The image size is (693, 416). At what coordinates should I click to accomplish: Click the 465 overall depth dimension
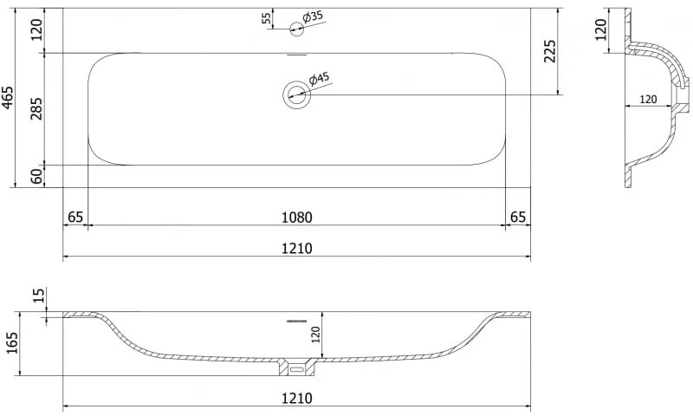click(x=8, y=98)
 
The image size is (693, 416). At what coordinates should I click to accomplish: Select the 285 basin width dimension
click(x=36, y=108)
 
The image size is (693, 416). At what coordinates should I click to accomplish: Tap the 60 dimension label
click(x=37, y=177)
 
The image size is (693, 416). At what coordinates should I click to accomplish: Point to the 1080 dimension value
click(x=297, y=218)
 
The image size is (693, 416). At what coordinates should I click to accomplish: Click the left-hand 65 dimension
click(x=75, y=218)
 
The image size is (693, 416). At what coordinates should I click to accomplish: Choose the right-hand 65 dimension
click(x=518, y=218)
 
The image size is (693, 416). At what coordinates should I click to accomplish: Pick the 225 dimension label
click(x=549, y=51)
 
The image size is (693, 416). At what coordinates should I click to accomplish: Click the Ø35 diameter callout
click(x=313, y=17)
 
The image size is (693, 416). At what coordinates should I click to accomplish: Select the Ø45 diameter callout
click(x=319, y=79)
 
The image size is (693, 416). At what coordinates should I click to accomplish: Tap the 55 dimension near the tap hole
click(x=266, y=18)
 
